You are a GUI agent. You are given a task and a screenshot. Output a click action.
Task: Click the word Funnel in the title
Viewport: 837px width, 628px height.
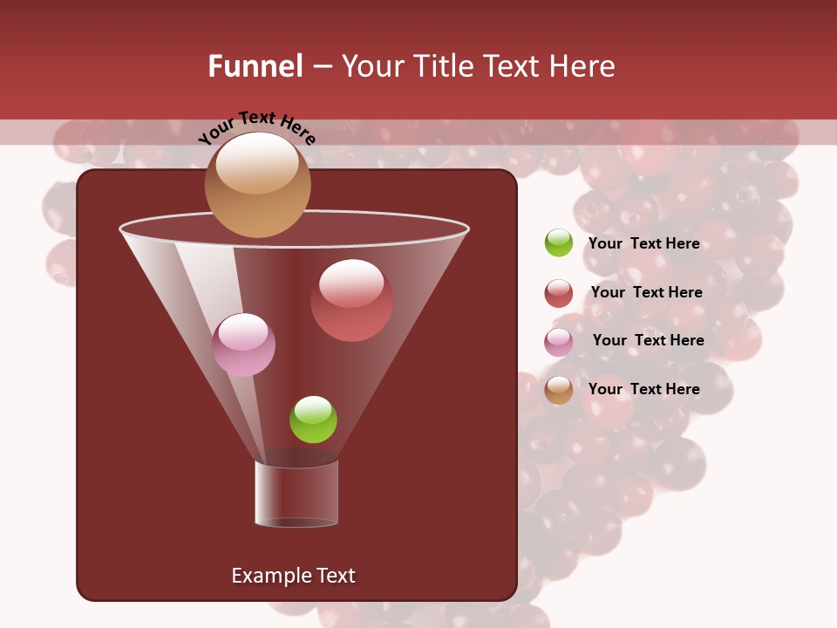255,66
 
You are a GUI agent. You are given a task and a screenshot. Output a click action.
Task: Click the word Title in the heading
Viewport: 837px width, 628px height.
443,66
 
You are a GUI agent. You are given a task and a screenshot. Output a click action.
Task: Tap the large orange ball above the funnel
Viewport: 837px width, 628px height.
257,184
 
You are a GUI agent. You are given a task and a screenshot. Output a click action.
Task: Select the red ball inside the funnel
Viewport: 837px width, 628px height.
351,300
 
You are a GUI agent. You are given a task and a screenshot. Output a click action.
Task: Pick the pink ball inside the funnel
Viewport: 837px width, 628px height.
243,345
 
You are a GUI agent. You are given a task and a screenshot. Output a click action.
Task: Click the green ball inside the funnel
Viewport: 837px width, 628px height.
313,420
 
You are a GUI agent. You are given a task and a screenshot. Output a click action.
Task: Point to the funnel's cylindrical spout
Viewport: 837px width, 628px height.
296,494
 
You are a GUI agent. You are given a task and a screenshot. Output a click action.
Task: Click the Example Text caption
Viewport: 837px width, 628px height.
293,576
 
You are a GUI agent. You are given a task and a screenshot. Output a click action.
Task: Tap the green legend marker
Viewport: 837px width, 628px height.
559,242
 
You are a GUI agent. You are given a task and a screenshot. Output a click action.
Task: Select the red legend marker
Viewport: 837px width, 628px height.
559,293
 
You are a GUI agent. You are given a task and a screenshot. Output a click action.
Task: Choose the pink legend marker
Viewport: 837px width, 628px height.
559,342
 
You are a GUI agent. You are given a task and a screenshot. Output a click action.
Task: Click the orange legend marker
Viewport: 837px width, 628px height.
559,390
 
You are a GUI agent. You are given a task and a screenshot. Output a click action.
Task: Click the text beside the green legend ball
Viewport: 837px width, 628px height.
643,243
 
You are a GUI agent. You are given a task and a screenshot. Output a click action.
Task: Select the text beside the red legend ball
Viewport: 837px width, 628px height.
646,292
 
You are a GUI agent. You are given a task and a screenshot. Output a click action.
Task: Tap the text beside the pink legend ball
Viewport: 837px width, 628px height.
648,340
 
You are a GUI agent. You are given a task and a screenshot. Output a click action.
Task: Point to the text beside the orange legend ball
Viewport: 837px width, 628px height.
643,389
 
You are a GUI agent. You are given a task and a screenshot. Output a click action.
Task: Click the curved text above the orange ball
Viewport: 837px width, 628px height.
256,126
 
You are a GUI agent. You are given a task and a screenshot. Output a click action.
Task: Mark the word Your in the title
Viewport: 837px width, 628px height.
371,66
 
